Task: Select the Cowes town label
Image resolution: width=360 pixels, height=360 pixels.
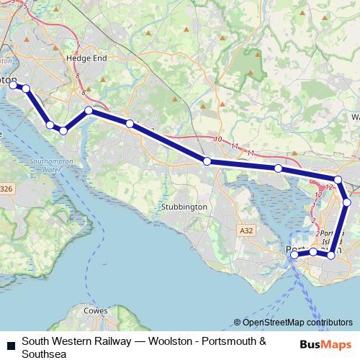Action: click(96, 311)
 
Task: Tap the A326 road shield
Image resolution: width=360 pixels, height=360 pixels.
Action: click(6, 189)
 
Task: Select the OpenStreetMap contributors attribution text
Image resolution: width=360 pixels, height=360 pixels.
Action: click(297, 323)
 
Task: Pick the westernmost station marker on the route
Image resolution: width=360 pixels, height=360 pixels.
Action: click(12, 85)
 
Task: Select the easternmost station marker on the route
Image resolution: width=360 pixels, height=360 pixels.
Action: click(347, 202)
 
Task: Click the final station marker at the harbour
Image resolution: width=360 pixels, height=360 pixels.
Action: click(294, 255)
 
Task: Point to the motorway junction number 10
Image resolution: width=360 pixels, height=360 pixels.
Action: click(217, 140)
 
